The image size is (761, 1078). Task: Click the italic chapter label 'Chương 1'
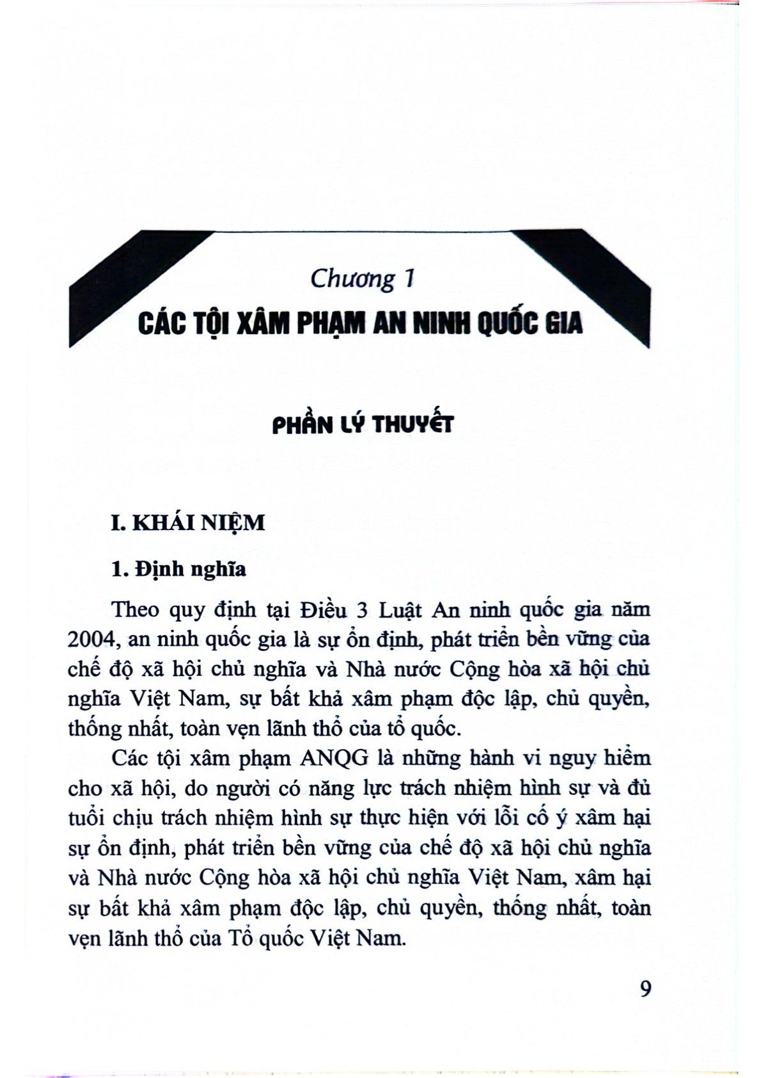tap(363, 280)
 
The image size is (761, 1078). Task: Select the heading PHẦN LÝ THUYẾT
tap(363, 424)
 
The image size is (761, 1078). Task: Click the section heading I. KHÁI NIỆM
tap(187, 523)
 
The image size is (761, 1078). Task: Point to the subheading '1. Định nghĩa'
tap(178, 568)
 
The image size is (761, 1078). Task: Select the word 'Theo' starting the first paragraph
tap(136, 609)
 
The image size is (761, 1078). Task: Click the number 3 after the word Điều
tap(361, 609)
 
